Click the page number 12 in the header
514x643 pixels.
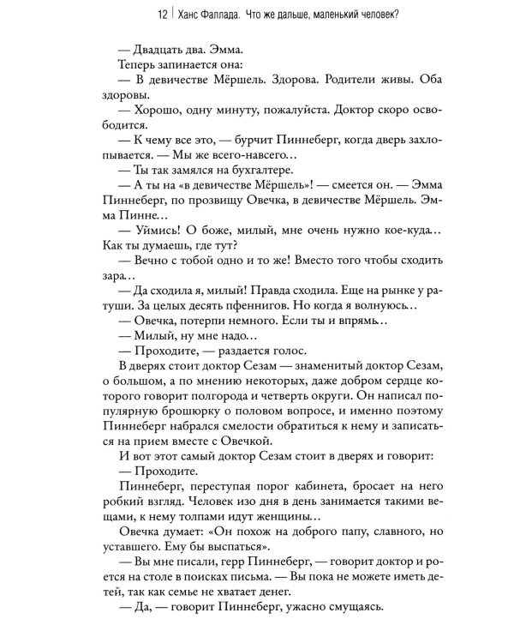[x=104, y=14]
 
